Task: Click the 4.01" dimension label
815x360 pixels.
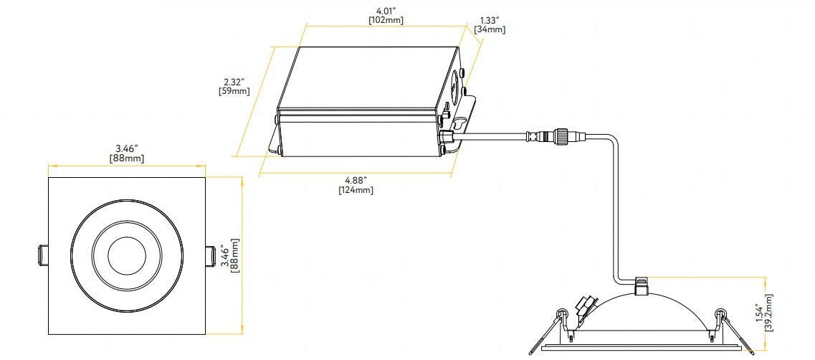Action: point(385,10)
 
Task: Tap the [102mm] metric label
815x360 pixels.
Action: point(386,20)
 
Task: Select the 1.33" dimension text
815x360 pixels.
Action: point(490,20)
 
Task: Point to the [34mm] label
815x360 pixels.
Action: point(490,29)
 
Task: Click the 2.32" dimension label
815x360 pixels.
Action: point(234,82)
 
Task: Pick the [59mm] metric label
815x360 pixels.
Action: point(234,91)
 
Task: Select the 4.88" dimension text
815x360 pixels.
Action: point(356,180)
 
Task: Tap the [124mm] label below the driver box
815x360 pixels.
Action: point(356,190)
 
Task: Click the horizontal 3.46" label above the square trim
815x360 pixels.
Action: point(126,148)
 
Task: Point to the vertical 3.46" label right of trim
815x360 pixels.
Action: point(225,255)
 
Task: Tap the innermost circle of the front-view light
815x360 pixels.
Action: point(126,255)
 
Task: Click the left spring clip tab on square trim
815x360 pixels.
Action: point(42,256)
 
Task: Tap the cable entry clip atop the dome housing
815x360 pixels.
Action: point(642,285)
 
